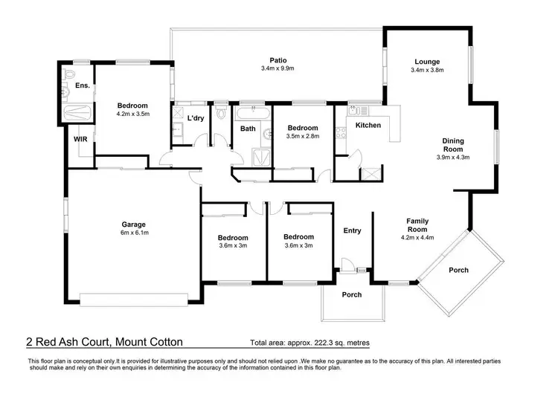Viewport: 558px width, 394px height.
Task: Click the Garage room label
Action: coord(134,224)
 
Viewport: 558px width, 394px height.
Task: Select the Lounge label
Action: coord(427,62)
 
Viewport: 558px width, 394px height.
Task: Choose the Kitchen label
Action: coord(368,126)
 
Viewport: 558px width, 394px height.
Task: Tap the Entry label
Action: coord(352,230)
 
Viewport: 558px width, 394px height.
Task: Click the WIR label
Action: coord(80,139)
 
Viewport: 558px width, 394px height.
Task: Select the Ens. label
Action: coord(82,86)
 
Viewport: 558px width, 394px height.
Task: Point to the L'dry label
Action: coord(196,118)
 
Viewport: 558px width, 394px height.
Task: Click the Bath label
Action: coord(248,129)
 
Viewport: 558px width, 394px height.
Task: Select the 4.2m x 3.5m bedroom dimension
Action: coord(134,115)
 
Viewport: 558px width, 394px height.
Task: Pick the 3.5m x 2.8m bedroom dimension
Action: coord(303,138)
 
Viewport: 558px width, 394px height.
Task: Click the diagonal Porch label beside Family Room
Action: coord(458,270)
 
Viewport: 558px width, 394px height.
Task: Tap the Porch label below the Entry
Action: coord(351,295)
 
